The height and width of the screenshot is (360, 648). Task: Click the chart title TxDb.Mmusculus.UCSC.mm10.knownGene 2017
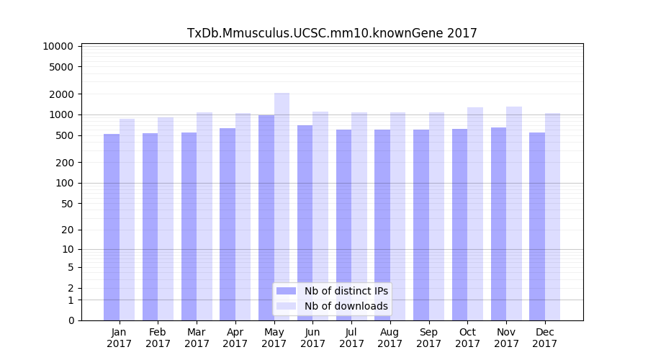click(332, 33)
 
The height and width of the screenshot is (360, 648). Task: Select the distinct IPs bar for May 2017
click(266, 216)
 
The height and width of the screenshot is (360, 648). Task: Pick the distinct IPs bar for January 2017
click(112, 227)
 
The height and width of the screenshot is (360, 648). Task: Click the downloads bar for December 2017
click(552, 216)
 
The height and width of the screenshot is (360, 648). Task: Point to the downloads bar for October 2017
click(475, 213)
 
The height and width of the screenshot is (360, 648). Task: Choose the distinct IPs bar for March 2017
click(189, 226)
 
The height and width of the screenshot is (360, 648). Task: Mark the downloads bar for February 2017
click(166, 218)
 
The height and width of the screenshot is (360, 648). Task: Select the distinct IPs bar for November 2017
click(498, 223)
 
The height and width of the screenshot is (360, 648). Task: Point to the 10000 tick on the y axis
click(58, 46)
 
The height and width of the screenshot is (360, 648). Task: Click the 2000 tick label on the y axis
click(61, 94)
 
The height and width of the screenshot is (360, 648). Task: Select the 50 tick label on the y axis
click(66, 204)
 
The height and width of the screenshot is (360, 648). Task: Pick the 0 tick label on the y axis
click(71, 320)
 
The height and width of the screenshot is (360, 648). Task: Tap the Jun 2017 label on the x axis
click(312, 338)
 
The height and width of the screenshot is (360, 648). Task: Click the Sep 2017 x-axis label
click(428, 338)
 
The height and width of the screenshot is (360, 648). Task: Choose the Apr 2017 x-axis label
click(235, 338)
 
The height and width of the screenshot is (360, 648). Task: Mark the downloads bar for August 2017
click(397, 216)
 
